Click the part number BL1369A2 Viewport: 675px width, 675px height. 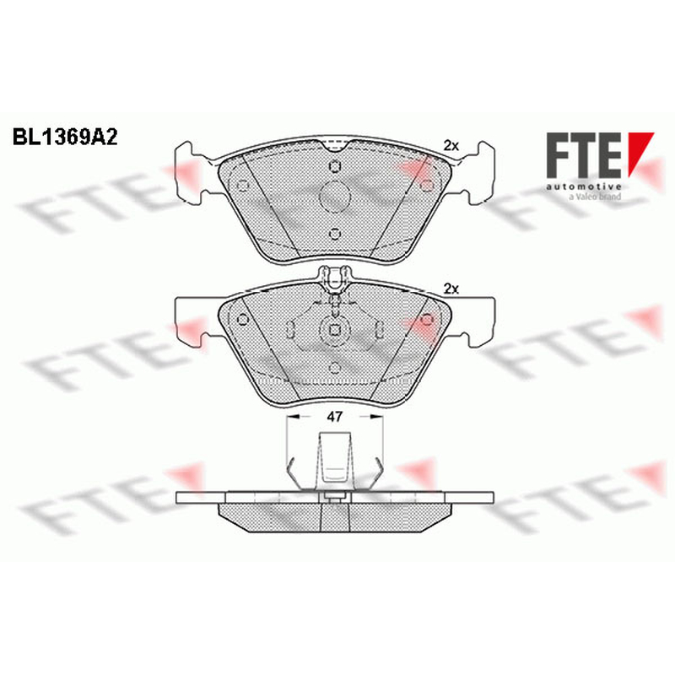(x=65, y=138)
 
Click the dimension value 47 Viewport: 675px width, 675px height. (x=334, y=416)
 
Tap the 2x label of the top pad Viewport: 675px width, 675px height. (x=451, y=146)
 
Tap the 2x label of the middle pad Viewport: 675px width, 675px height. (x=451, y=289)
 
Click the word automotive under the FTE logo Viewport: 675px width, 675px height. (x=584, y=186)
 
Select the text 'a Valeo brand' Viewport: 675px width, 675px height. (x=595, y=197)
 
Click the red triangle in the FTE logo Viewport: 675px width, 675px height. (x=640, y=154)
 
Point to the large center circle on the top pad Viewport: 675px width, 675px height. (x=334, y=197)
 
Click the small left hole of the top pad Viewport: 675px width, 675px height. (x=243, y=185)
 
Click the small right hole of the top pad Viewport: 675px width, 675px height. (x=426, y=185)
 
